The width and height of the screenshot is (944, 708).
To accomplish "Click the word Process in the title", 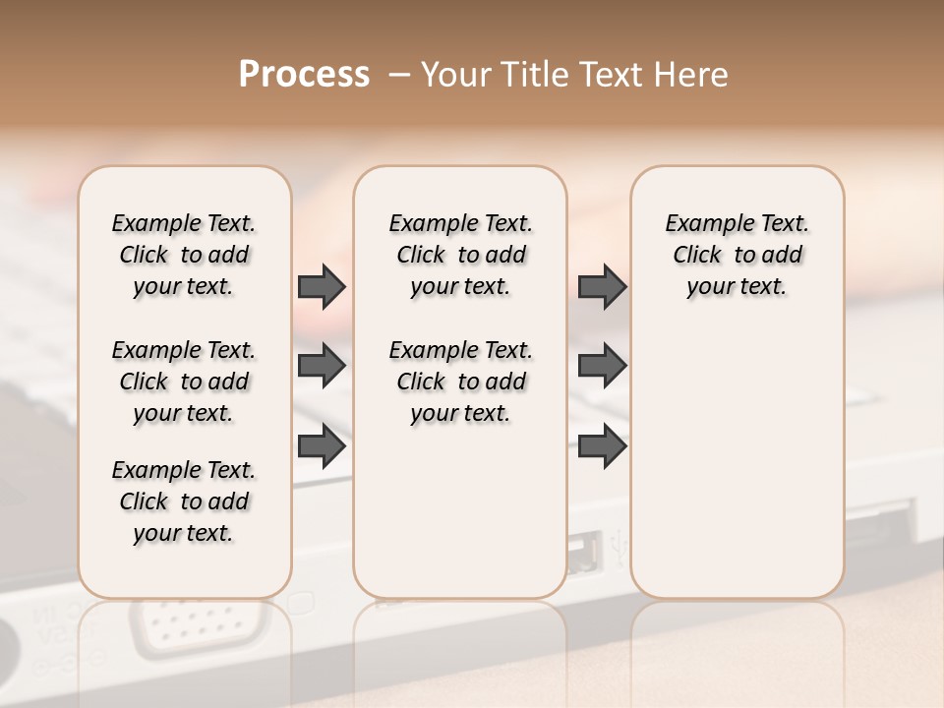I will click(x=304, y=75).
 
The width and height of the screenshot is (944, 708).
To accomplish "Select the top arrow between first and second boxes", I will click(x=322, y=286).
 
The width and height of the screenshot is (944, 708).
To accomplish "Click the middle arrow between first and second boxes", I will click(x=322, y=366).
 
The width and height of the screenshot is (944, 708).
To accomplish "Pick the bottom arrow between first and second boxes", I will click(x=322, y=446).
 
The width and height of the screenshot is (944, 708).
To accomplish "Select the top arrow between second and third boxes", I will click(x=602, y=286).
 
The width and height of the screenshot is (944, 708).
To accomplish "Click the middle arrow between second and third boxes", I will click(x=602, y=366).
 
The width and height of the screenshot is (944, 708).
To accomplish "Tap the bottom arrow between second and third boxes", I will click(x=602, y=446).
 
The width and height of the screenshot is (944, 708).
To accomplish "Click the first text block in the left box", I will click(x=184, y=255).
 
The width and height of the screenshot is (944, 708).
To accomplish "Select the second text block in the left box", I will click(x=184, y=382).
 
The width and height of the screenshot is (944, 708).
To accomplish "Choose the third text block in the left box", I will click(x=184, y=501).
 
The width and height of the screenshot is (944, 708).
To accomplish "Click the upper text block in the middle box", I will click(x=460, y=255).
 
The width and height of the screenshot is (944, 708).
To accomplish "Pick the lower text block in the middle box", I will click(x=460, y=382).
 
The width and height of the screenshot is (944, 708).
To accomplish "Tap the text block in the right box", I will click(x=737, y=255).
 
